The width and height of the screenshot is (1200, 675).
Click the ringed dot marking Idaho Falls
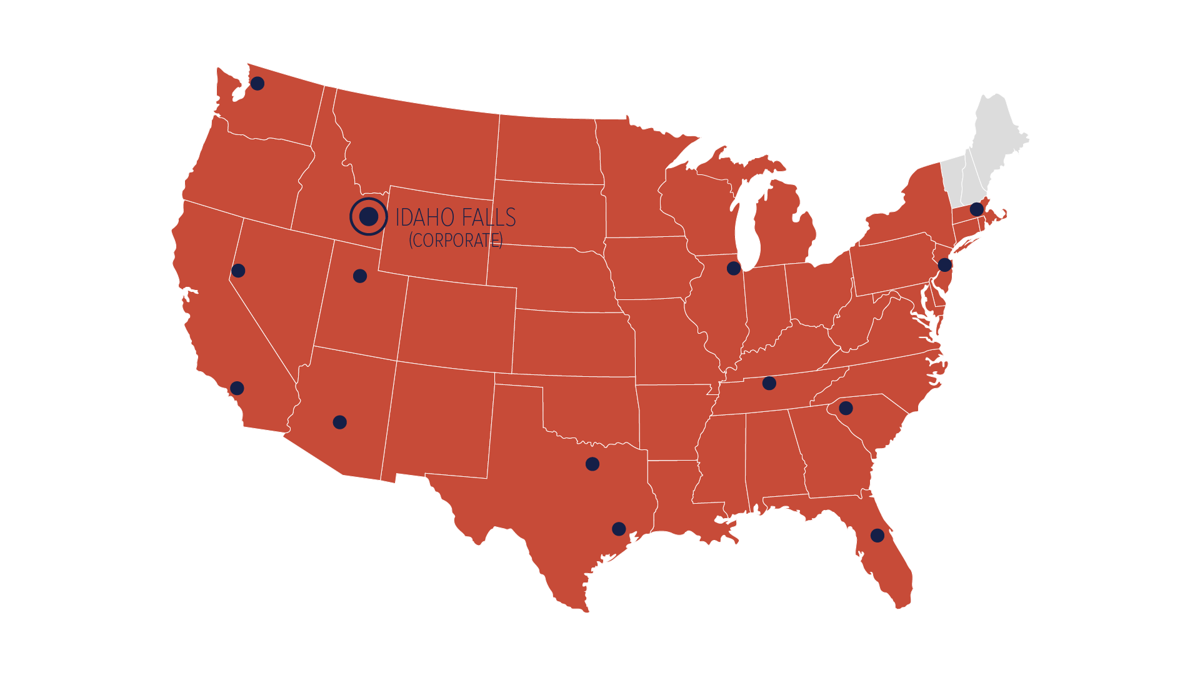[x=369, y=217]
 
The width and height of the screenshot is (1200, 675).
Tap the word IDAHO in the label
[x=424, y=217]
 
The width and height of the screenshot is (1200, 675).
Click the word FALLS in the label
[x=490, y=217]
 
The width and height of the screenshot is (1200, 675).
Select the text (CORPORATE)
[x=456, y=240]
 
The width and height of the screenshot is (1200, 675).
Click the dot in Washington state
[x=257, y=83]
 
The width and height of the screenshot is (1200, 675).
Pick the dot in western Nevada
[x=238, y=271]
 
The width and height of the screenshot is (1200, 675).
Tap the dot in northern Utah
[x=360, y=276]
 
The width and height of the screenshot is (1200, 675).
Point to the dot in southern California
[x=237, y=388]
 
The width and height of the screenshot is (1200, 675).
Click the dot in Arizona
[x=340, y=422]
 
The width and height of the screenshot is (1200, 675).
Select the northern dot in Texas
[x=592, y=464]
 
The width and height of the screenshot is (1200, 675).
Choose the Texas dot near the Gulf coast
[x=619, y=529]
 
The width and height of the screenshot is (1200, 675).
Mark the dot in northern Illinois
[x=734, y=268]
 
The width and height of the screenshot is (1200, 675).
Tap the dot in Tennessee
[x=769, y=383]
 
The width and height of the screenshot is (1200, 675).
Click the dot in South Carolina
[x=846, y=408]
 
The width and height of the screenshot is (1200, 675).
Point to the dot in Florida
[x=877, y=536]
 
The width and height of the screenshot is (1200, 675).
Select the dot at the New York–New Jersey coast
[x=945, y=265]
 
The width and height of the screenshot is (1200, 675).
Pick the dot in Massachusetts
[x=977, y=209]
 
